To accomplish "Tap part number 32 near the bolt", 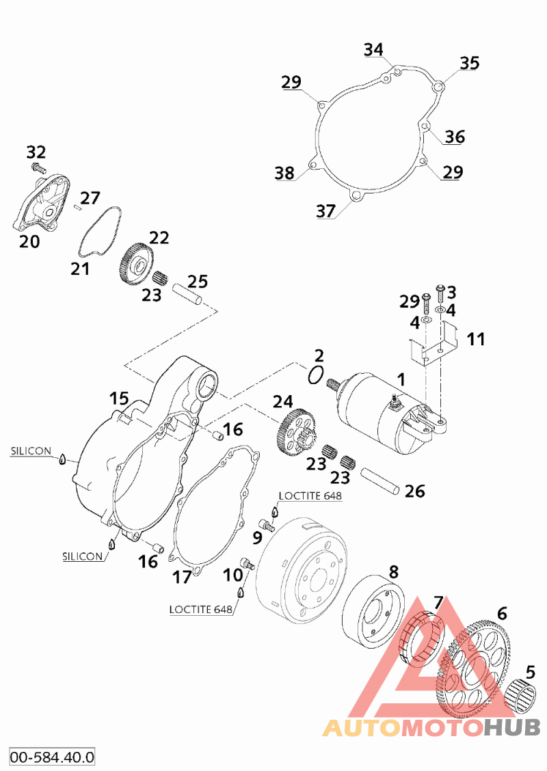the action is click(x=36, y=152).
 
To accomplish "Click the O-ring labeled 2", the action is click(x=315, y=376).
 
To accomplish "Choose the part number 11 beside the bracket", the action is click(x=476, y=339).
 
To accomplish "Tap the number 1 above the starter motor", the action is click(x=401, y=379).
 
